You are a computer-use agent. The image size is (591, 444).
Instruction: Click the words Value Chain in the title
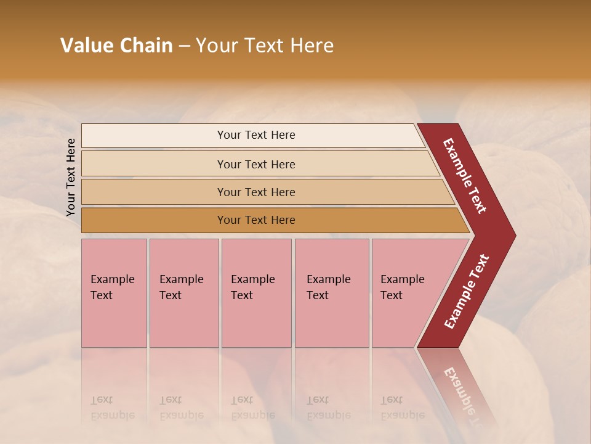coord(116,46)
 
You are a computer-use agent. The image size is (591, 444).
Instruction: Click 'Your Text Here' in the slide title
coord(264,46)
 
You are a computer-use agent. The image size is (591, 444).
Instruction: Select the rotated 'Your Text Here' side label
coord(71,178)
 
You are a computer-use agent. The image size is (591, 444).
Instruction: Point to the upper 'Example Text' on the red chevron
coord(465,176)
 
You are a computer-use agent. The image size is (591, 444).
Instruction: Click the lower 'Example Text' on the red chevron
coord(467,292)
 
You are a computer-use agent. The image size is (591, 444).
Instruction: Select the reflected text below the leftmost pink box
coord(112,408)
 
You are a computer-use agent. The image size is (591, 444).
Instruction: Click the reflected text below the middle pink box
coord(252,408)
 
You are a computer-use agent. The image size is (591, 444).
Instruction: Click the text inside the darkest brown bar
coord(256,220)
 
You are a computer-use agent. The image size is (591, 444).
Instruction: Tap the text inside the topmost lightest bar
coord(256,135)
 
